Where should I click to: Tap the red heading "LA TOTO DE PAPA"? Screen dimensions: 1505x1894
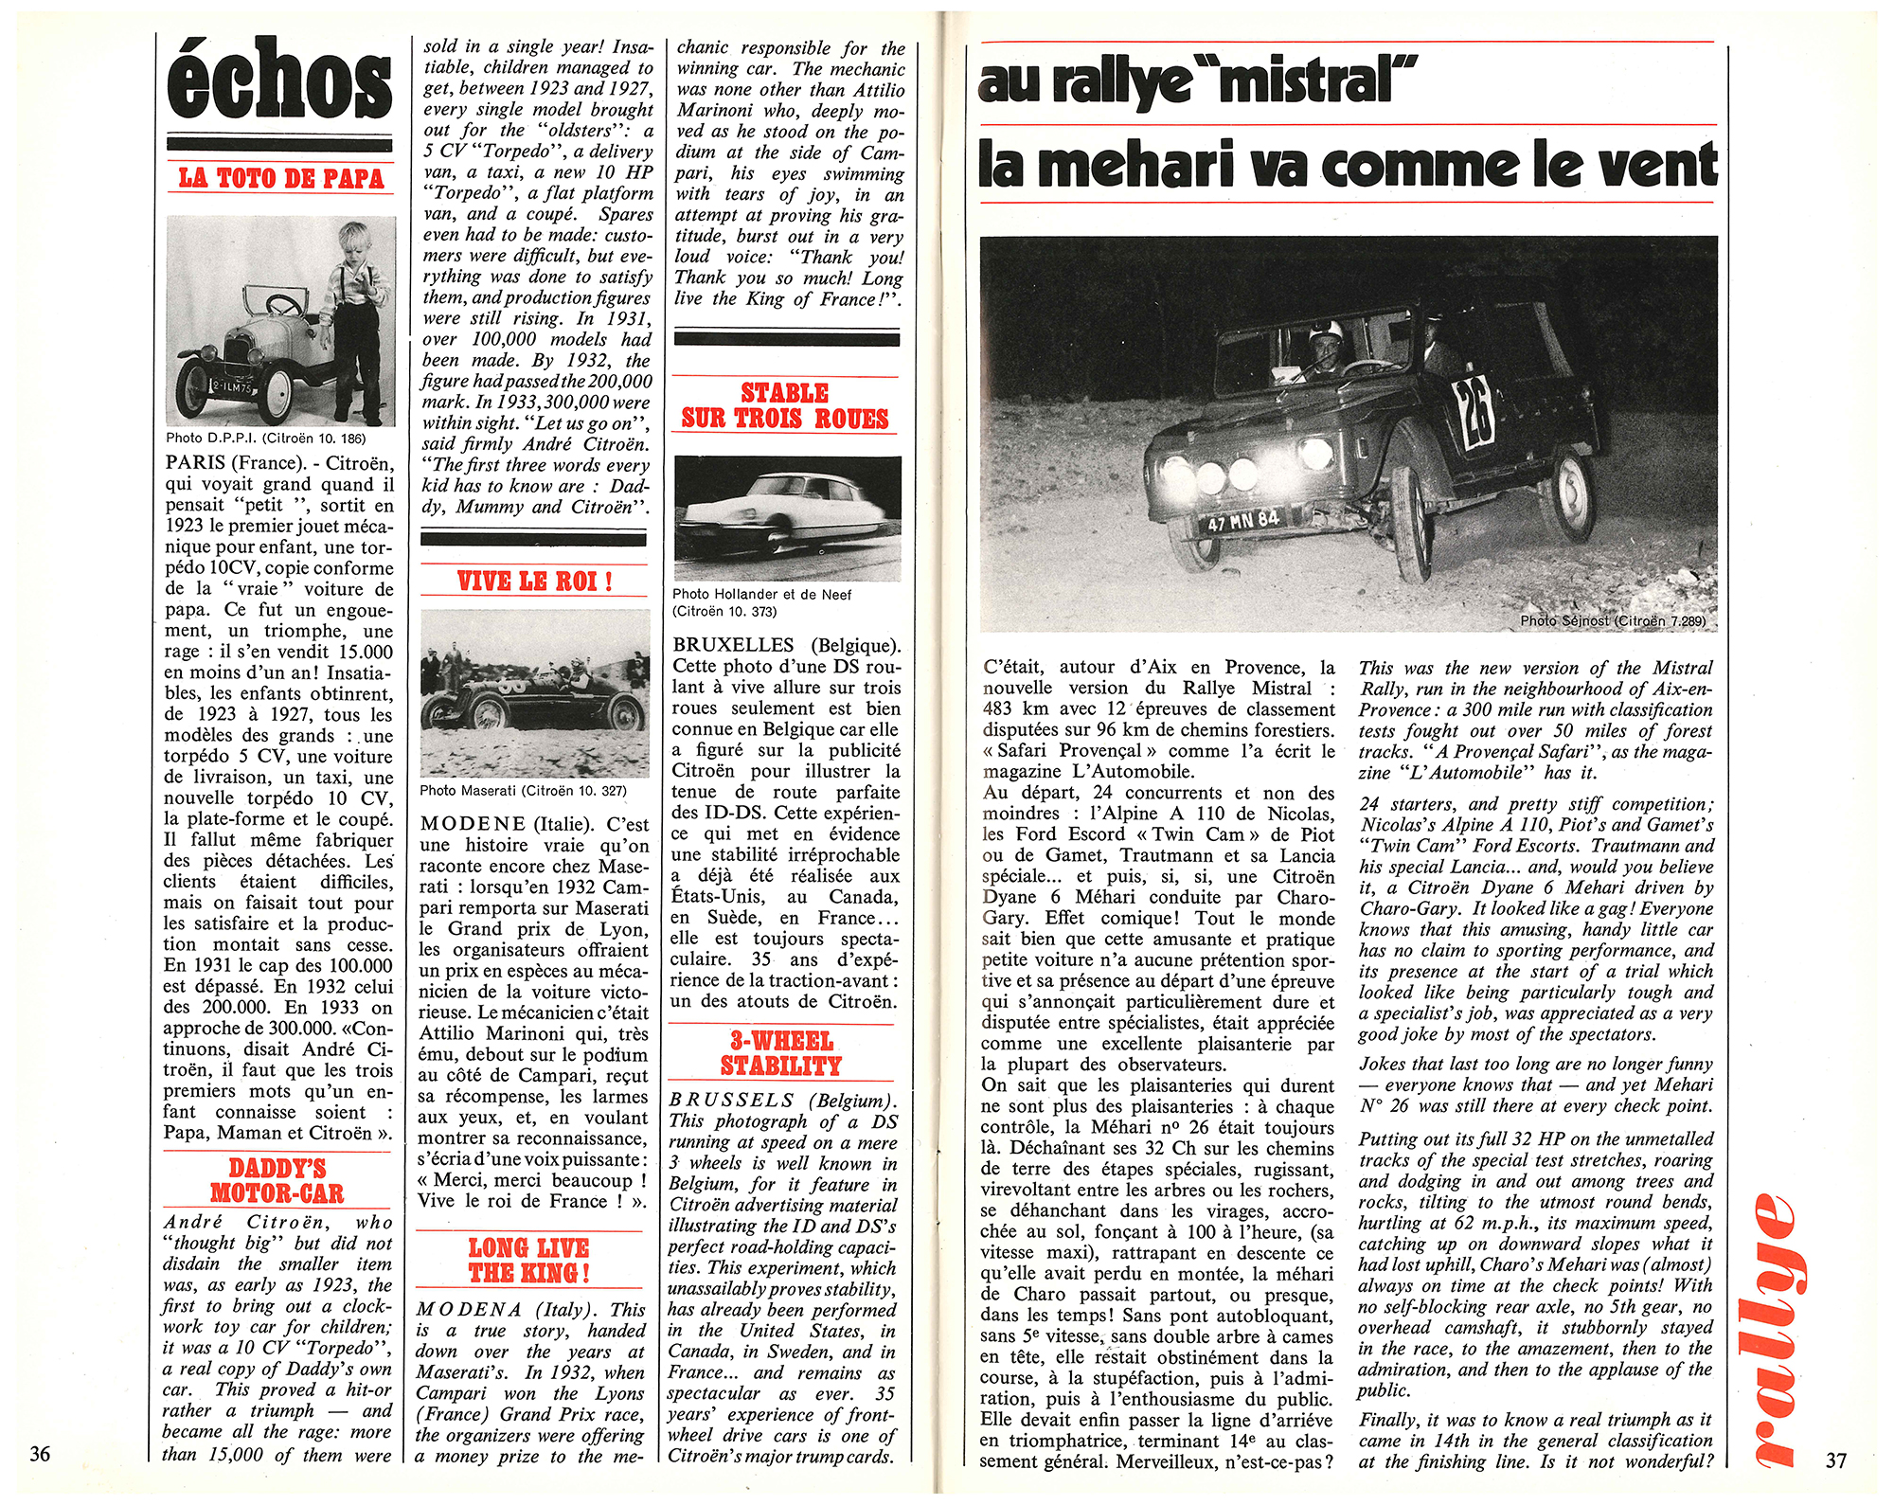tap(281, 178)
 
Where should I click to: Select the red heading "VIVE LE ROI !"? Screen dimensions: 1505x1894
tap(534, 581)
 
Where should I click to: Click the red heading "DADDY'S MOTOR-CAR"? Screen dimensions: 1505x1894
tap(277, 1181)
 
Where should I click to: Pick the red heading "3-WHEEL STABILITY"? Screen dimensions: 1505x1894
tap(781, 1053)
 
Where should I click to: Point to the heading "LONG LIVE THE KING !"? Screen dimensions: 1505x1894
tap(529, 1261)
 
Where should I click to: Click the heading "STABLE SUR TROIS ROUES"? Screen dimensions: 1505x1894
tap(785, 405)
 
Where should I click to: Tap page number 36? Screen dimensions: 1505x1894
tap(40, 1454)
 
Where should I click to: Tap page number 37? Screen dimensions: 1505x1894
tap(1835, 1460)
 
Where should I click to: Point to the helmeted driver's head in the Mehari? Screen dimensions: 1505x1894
tap(1325, 339)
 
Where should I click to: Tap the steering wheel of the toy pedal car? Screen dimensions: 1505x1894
tap(282, 305)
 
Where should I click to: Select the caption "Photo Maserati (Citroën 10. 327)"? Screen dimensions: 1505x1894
tap(523, 790)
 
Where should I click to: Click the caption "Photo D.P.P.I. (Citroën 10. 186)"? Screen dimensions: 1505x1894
tap(265, 438)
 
